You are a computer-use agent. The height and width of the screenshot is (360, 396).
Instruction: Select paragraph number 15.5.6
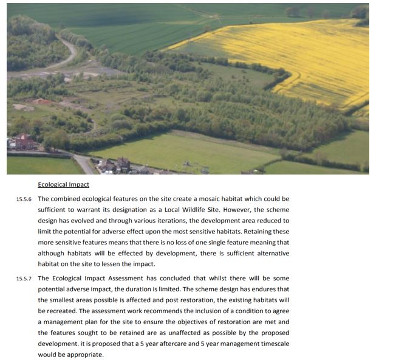coord(25,199)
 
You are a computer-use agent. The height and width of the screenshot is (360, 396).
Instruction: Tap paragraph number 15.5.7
coord(25,279)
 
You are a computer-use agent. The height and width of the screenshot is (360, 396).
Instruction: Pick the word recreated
coord(64,311)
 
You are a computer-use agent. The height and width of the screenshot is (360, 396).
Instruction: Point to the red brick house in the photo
coord(24,143)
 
